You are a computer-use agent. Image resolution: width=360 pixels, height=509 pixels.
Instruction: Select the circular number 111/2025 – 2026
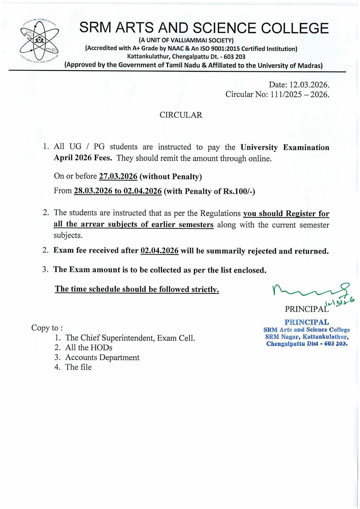(x=300, y=94)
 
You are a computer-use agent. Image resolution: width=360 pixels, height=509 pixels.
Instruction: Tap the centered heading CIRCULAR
(x=181, y=115)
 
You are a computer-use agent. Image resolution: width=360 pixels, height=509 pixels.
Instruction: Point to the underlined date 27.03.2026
(x=118, y=176)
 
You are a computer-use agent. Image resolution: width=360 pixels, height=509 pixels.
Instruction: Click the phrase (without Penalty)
(x=171, y=177)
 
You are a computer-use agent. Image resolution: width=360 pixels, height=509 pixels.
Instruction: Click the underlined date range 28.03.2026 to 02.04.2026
(x=118, y=191)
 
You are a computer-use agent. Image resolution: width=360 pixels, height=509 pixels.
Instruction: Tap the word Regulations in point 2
(x=220, y=213)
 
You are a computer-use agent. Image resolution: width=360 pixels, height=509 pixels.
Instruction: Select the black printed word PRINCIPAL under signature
(x=306, y=309)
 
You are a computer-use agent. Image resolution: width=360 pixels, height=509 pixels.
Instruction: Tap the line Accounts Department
(x=102, y=358)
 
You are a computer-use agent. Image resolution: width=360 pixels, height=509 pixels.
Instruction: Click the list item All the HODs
(x=89, y=348)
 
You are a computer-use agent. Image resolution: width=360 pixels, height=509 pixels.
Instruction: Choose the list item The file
(x=78, y=367)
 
